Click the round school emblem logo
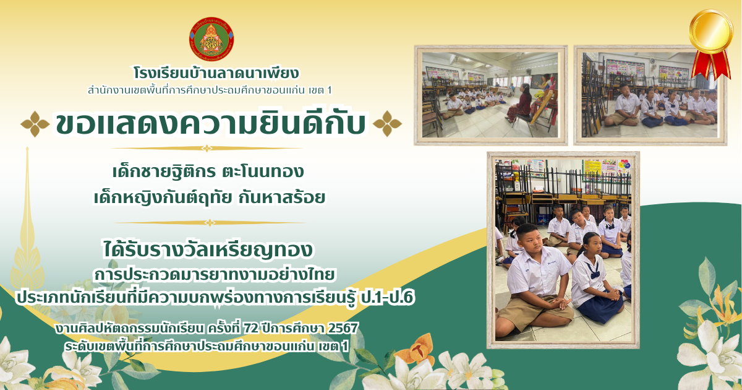(x=211, y=39)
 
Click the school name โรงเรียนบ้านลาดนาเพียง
(x=216, y=73)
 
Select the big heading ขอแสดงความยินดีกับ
(x=211, y=124)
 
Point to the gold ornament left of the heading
(x=35, y=124)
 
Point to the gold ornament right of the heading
(x=387, y=124)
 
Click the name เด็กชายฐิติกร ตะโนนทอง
(x=208, y=171)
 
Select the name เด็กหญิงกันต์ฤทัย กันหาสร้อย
(x=210, y=197)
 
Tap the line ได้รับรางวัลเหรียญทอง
(x=208, y=249)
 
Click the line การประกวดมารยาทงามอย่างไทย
(x=215, y=275)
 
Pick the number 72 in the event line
(x=251, y=328)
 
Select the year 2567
(x=343, y=328)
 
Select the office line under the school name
(x=210, y=90)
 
